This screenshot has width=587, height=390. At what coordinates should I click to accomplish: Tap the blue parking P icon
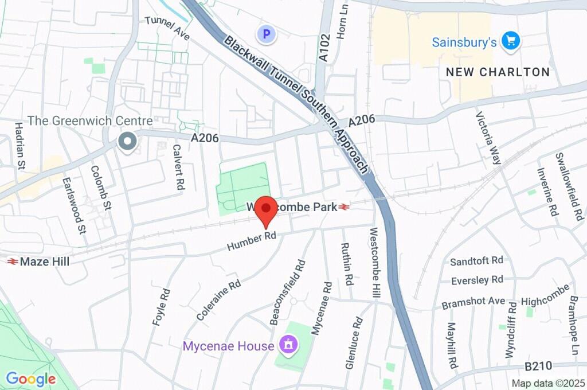click(x=265, y=34)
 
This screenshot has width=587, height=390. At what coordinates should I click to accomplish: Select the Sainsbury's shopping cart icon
click(x=510, y=41)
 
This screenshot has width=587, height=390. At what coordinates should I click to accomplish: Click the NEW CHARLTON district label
click(x=498, y=72)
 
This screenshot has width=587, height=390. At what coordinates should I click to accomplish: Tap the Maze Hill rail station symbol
click(x=12, y=262)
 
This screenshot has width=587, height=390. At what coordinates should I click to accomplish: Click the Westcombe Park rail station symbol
click(x=345, y=207)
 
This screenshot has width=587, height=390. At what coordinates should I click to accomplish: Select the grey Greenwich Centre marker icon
click(x=126, y=141)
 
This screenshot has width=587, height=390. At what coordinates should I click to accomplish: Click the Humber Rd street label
click(x=252, y=241)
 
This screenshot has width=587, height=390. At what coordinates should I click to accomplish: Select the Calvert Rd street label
click(x=178, y=167)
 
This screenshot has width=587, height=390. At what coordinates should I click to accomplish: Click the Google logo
click(x=30, y=379)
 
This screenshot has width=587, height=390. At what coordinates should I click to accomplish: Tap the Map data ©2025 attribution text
click(x=548, y=383)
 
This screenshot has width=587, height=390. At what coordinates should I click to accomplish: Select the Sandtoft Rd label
click(x=476, y=261)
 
